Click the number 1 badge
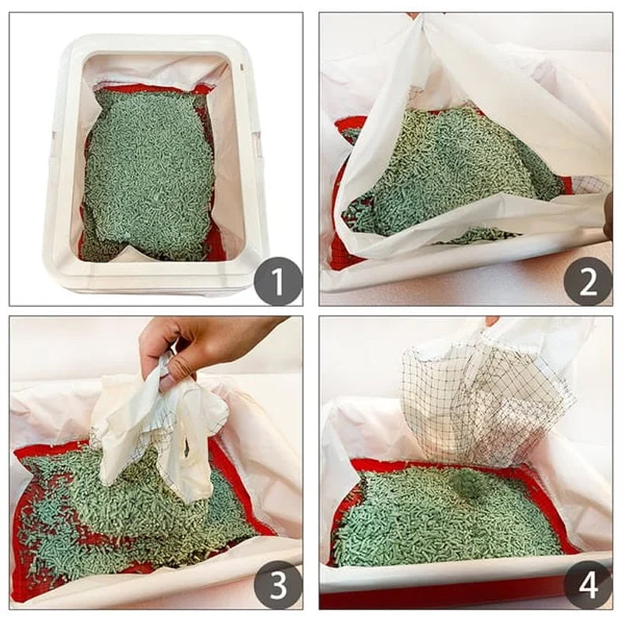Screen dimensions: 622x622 point(278,281)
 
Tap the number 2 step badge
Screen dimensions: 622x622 point(587,281)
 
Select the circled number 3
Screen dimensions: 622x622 point(278,584)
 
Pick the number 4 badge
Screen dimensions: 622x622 point(587,584)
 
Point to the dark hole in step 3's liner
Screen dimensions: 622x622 point(185,449)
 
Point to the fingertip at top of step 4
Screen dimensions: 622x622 point(491,320)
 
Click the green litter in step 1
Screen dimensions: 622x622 point(148,179)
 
